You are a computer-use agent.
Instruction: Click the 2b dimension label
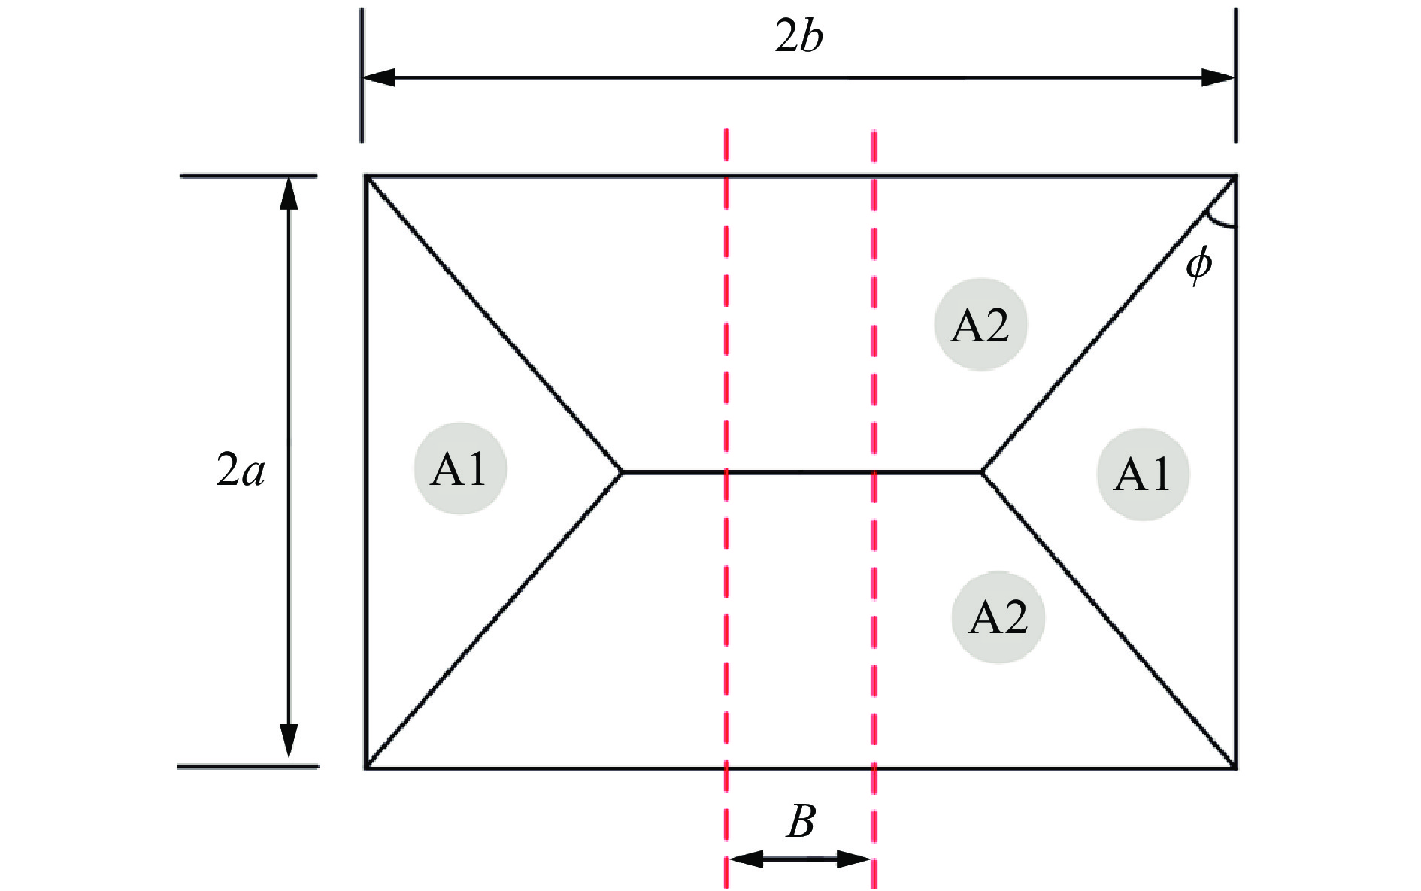(x=798, y=37)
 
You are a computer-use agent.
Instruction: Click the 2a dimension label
(x=241, y=471)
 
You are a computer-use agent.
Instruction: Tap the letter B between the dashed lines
(x=801, y=822)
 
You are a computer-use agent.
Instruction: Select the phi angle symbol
(x=1198, y=264)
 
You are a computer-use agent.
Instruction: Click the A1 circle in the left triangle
(x=460, y=469)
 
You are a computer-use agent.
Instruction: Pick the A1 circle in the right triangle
(x=1143, y=474)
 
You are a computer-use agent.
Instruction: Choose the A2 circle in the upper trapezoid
(x=980, y=325)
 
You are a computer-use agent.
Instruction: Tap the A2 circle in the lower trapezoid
(x=998, y=617)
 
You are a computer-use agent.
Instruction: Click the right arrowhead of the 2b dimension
(x=1220, y=77)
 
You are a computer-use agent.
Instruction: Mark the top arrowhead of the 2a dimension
(x=289, y=192)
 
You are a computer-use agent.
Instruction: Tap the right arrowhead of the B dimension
(x=855, y=859)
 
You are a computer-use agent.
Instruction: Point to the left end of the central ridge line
(x=622, y=471)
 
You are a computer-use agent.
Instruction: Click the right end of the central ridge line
(x=982, y=471)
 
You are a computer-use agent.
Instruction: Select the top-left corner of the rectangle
(x=366, y=177)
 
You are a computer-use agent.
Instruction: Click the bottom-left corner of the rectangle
(x=366, y=768)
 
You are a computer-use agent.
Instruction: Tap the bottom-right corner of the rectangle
(x=1235, y=768)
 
